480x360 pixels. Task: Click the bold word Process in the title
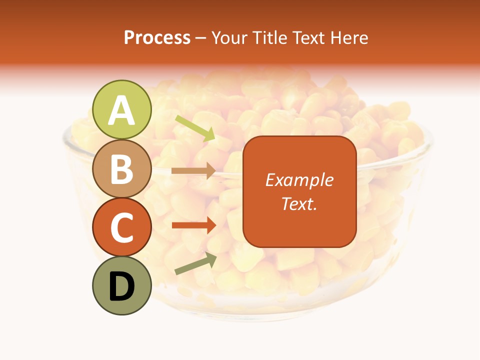coord(157,38)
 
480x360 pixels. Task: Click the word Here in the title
coord(351,38)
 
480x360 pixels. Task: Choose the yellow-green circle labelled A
coord(122,109)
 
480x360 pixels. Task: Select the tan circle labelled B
coord(122,168)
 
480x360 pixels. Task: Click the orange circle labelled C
coord(122,227)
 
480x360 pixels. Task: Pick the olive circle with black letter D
coord(122,286)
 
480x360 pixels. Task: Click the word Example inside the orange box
coord(299,180)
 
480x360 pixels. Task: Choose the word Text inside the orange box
coord(297,204)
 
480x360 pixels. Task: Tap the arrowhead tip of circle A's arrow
coord(214,139)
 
